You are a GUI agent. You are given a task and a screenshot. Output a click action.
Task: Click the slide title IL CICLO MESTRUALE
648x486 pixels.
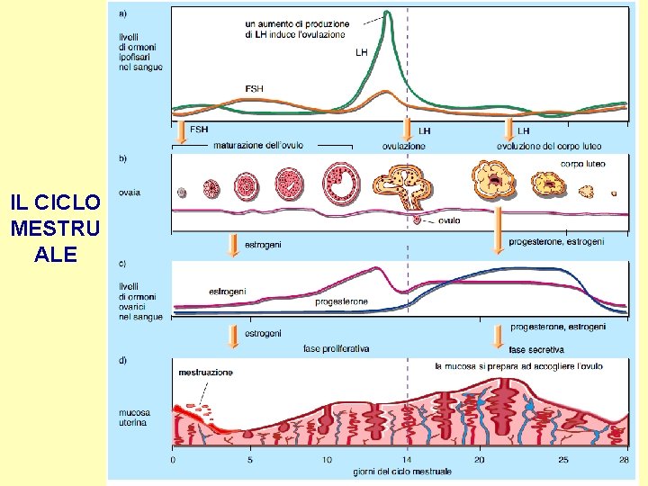(x=56, y=228)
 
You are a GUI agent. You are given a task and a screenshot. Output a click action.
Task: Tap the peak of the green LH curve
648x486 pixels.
(x=388, y=13)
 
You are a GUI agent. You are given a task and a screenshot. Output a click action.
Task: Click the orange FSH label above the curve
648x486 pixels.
(x=255, y=88)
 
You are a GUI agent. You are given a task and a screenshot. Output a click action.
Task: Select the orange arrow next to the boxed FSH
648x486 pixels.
(x=183, y=133)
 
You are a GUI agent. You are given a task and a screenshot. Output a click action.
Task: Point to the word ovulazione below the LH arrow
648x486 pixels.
(x=404, y=146)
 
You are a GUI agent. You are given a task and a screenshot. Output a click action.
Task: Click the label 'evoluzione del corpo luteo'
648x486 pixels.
(x=549, y=146)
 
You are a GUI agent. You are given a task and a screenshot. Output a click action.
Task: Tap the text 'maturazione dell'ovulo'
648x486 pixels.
(x=258, y=145)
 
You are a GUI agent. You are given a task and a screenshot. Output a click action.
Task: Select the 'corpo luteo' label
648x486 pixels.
(x=582, y=164)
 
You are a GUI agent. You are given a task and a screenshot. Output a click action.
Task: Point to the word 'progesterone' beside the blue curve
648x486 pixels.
(x=342, y=301)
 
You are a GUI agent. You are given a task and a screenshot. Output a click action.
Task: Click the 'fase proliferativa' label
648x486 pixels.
(x=336, y=349)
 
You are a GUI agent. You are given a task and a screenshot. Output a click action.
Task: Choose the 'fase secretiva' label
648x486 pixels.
(x=536, y=349)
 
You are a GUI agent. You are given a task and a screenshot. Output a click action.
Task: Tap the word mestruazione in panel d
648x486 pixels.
(x=205, y=372)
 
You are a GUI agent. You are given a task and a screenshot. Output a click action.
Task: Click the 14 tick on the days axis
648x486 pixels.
(x=407, y=459)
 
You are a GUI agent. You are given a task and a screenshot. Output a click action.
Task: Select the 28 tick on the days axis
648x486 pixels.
(x=625, y=459)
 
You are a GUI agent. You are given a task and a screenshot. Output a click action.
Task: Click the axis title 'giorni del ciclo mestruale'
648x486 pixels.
(x=402, y=471)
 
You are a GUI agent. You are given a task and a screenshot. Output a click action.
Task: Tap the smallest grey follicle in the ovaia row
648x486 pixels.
(x=182, y=192)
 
